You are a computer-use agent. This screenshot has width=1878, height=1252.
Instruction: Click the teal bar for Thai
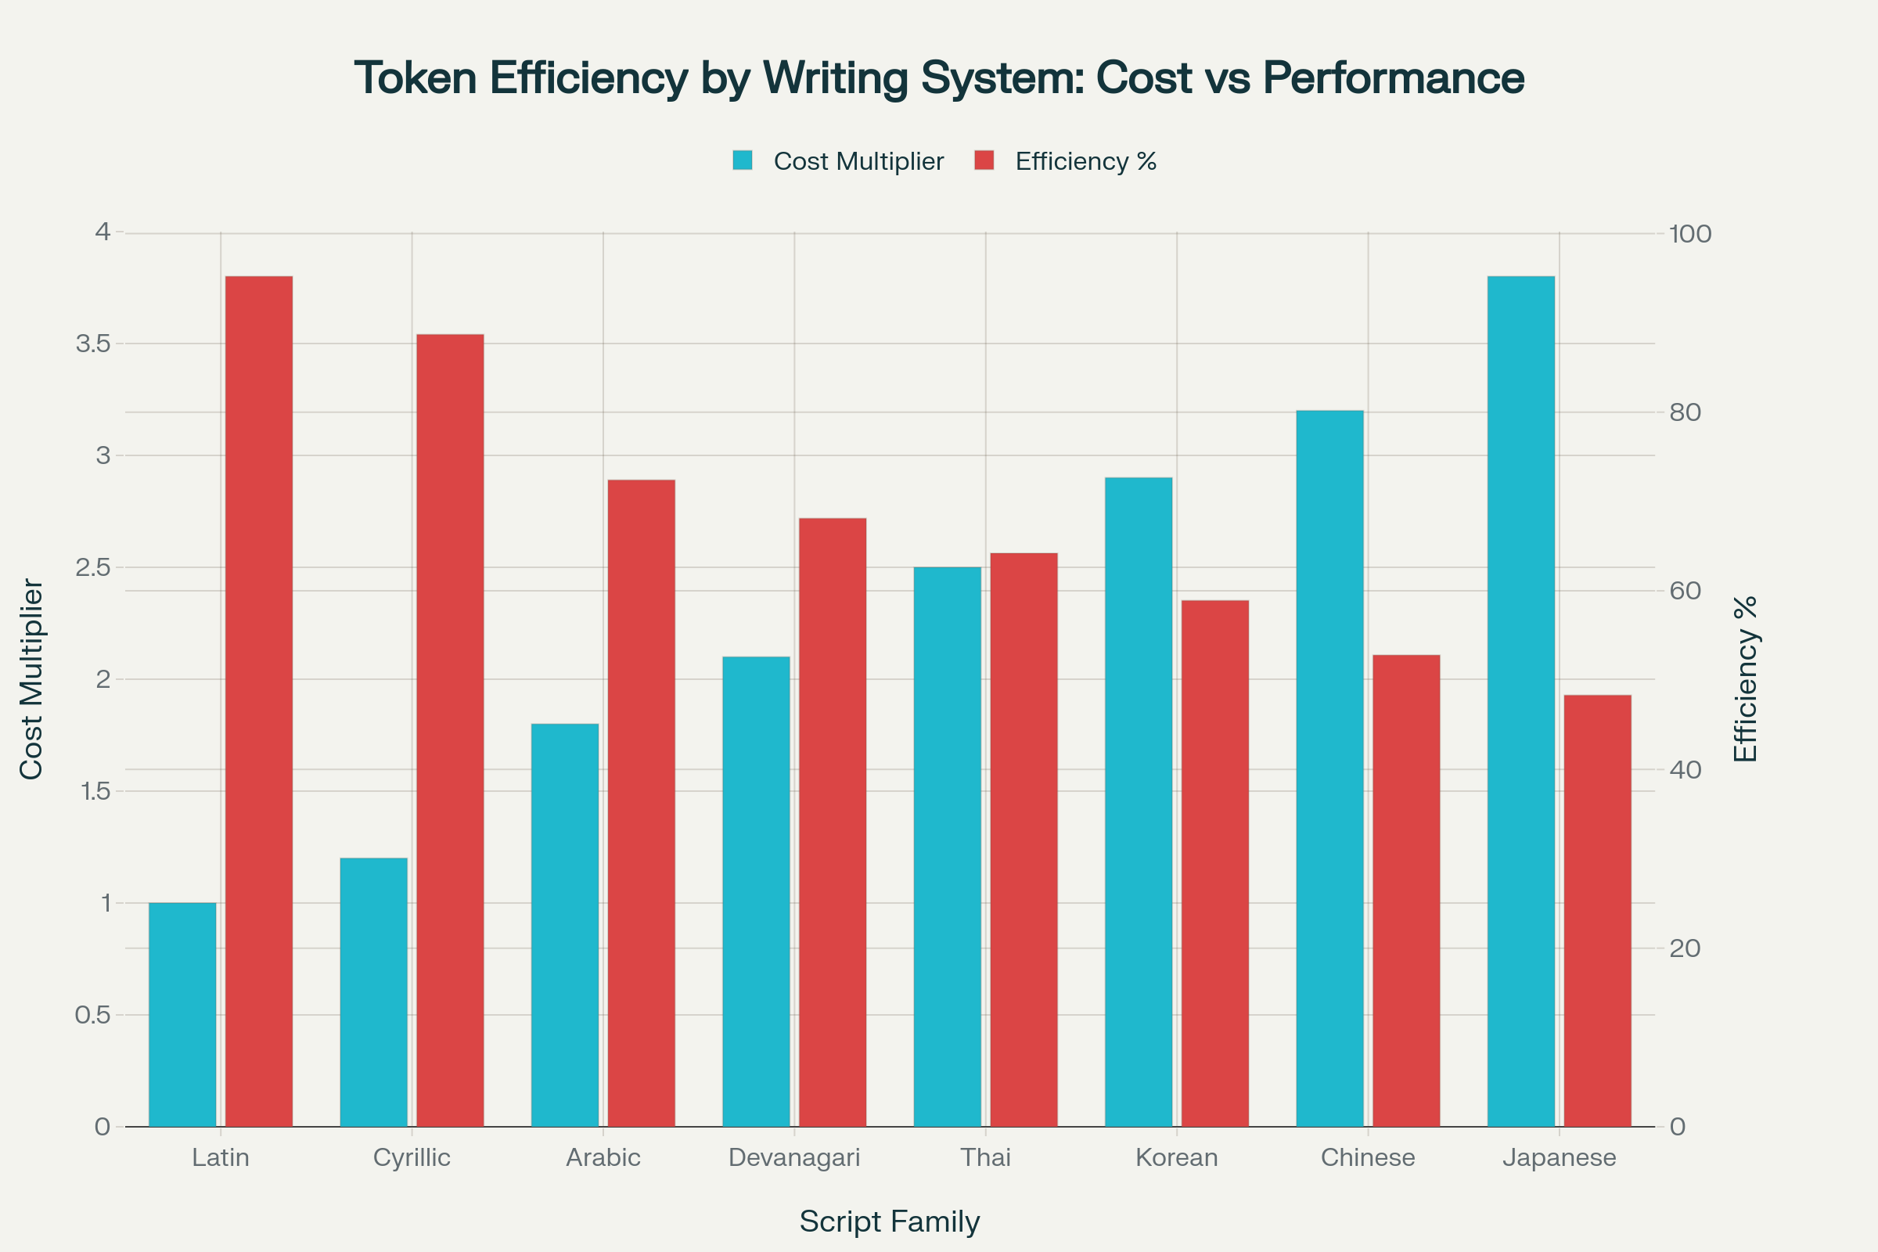[x=947, y=847]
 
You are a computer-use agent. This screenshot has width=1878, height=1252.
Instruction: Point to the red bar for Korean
[x=1214, y=863]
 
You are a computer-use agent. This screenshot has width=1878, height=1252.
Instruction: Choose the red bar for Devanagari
[x=832, y=822]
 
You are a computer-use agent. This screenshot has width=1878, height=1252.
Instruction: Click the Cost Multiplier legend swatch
[x=743, y=160]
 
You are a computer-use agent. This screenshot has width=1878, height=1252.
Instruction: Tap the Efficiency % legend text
[x=1085, y=162]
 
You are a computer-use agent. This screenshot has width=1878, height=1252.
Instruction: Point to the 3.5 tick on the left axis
[x=92, y=344]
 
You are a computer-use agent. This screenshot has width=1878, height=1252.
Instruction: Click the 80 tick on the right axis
[x=1685, y=412]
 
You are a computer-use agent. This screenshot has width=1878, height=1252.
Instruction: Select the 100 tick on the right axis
[x=1690, y=234]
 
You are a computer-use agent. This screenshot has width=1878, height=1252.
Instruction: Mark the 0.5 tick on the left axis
[x=92, y=1015]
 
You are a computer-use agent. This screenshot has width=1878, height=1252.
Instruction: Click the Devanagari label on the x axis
[x=794, y=1157]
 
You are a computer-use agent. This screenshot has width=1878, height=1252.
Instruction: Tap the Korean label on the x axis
[x=1176, y=1157]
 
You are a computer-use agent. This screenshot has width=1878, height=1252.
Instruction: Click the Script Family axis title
[x=890, y=1221]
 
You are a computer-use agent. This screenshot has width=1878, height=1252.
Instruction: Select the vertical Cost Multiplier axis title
[x=31, y=678]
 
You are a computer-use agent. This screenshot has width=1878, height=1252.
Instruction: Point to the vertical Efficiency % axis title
[x=1746, y=678]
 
